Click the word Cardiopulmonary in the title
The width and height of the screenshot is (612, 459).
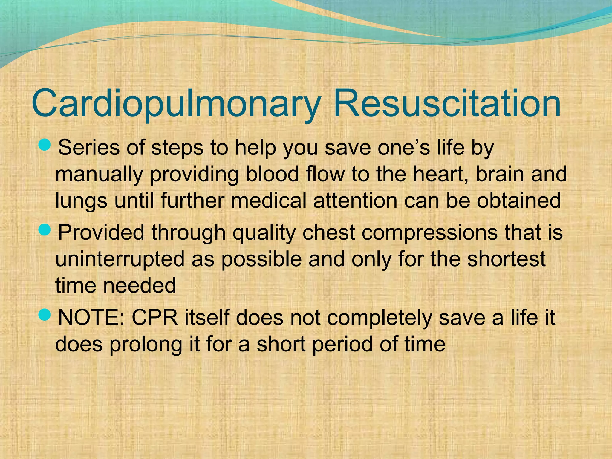click(x=175, y=103)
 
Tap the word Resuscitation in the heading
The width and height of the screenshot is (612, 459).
click(x=446, y=103)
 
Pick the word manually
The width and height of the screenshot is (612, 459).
click(x=99, y=175)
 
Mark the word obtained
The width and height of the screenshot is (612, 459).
click(x=519, y=201)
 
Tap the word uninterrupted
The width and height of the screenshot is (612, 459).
click(x=120, y=259)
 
